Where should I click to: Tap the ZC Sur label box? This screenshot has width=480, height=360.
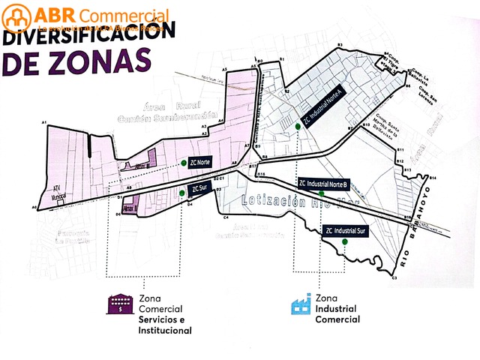tap(199, 187)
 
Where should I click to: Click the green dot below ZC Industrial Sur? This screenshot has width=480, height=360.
tap(344, 242)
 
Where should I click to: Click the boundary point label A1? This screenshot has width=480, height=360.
tap(44, 121)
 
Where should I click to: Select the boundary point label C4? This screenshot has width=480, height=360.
tap(226, 217)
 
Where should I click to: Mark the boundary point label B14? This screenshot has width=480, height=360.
tap(433, 177)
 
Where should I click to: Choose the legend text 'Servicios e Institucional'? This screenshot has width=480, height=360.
tap(165, 325)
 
